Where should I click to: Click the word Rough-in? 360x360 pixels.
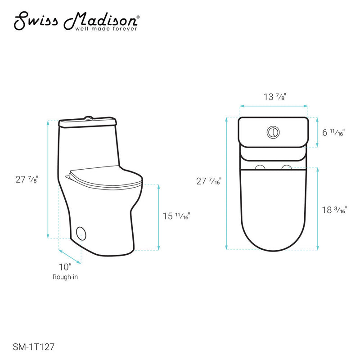pyautogui.click(x=65, y=277)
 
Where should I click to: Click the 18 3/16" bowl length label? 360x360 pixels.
pyautogui.click(x=334, y=210)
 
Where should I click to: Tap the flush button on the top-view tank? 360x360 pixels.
pyautogui.click(x=273, y=132)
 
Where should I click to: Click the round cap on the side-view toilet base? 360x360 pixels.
pyautogui.click(x=81, y=233)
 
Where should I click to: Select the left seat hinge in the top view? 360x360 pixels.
pyautogui.click(x=260, y=167)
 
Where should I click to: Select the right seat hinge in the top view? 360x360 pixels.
pyautogui.click(x=286, y=167)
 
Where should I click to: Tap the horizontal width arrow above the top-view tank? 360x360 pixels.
pyautogui.click(x=274, y=106)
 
